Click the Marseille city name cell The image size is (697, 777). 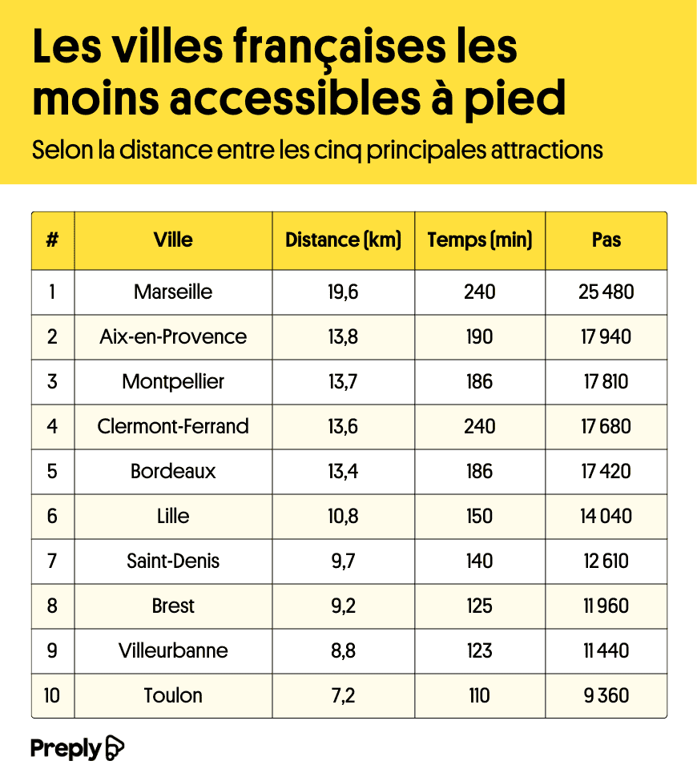coord(173,292)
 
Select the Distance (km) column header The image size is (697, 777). coord(343,240)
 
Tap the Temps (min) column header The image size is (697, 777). coord(479,240)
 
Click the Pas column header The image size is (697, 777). coord(606,240)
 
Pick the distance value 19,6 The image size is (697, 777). coord(343,292)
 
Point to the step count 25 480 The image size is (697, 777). coord(606,292)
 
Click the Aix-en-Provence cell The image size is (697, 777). coord(173,336)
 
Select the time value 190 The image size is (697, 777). coord(479,336)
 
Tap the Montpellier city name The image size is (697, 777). coord(173,381)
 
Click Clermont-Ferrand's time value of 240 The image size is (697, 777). coord(479,426)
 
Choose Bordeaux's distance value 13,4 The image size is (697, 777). coord(343,471)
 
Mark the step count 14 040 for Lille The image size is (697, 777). coord(606,516)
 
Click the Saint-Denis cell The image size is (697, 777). coord(173,561)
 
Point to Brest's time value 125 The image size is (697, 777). coord(479,606)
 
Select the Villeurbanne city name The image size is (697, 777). coord(173,650)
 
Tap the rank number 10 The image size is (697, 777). coord(52,695)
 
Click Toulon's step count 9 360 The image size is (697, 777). coord(606,695)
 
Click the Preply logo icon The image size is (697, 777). coord(115,748)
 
